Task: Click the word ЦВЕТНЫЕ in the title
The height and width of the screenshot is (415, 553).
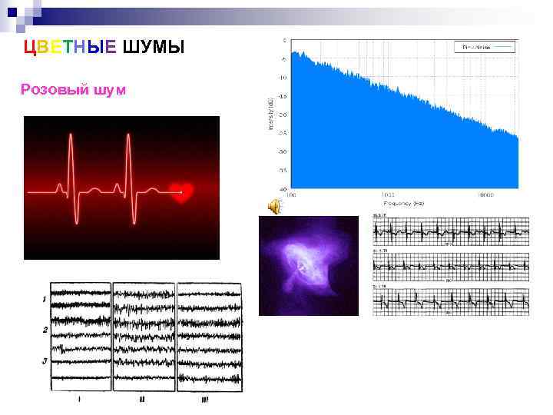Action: [x=71, y=48]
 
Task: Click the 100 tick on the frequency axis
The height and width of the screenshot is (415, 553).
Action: [x=286, y=195]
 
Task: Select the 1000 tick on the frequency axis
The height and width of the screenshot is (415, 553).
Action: [x=391, y=195]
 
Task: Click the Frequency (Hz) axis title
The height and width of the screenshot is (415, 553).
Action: [x=402, y=204]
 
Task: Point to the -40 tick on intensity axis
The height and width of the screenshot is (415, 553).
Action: [x=283, y=189]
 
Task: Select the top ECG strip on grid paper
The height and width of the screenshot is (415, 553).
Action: [x=451, y=230]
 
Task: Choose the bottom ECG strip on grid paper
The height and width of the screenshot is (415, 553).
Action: [x=451, y=300]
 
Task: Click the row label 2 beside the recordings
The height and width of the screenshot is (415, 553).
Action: [x=45, y=330]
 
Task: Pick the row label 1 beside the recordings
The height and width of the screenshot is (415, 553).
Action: [x=45, y=298]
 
